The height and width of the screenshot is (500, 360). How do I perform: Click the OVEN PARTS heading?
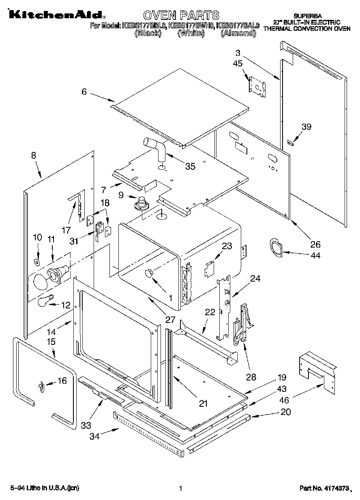[181, 15]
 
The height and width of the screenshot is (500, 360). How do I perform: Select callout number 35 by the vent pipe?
[190, 166]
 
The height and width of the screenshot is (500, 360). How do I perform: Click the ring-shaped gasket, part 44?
[276, 248]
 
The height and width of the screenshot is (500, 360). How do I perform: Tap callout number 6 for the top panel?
[84, 92]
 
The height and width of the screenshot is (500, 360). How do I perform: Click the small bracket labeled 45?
[257, 85]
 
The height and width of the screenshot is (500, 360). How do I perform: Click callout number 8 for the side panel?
[33, 155]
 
